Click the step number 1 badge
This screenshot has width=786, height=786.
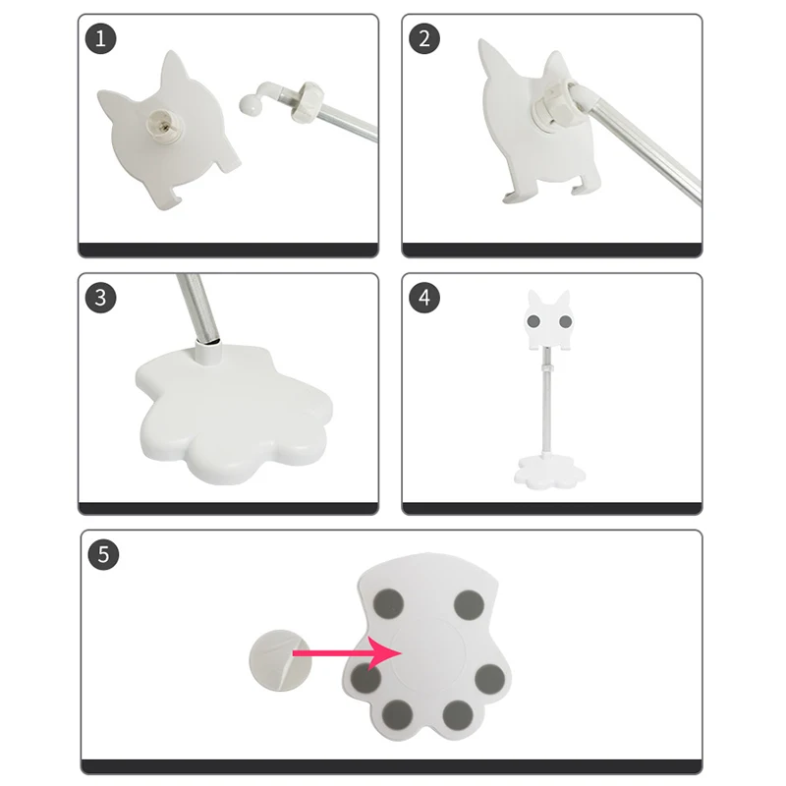click(101, 38)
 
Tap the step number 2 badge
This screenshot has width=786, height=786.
click(424, 38)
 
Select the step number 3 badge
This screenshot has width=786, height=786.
click(101, 298)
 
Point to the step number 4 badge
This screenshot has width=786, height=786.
click(424, 298)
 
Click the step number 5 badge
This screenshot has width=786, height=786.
click(103, 554)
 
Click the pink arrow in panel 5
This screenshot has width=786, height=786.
click(347, 653)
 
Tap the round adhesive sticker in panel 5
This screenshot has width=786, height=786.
click(280, 660)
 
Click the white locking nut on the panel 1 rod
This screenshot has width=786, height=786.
click(306, 102)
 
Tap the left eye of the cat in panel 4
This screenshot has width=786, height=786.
click(533, 321)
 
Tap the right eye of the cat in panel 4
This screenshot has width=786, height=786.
click(566, 321)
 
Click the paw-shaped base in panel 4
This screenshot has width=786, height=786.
click(549, 472)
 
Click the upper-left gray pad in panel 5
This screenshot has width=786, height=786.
click(388, 604)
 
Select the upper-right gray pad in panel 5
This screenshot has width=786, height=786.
click(469, 605)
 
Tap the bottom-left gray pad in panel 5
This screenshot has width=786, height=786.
click(398, 715)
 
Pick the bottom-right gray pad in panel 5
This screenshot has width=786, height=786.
click(458, 715)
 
